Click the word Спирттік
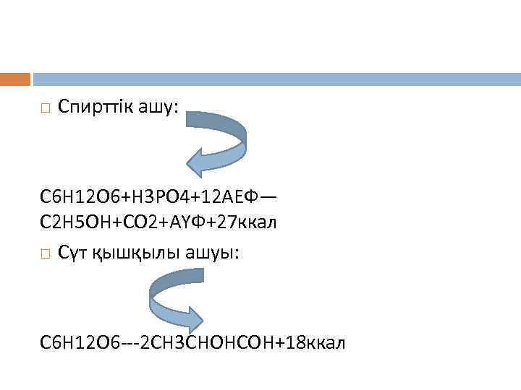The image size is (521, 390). [x=93, y=108]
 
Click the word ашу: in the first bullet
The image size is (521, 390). [x=158, y=108]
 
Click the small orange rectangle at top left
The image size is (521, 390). [x=15, y=79]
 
